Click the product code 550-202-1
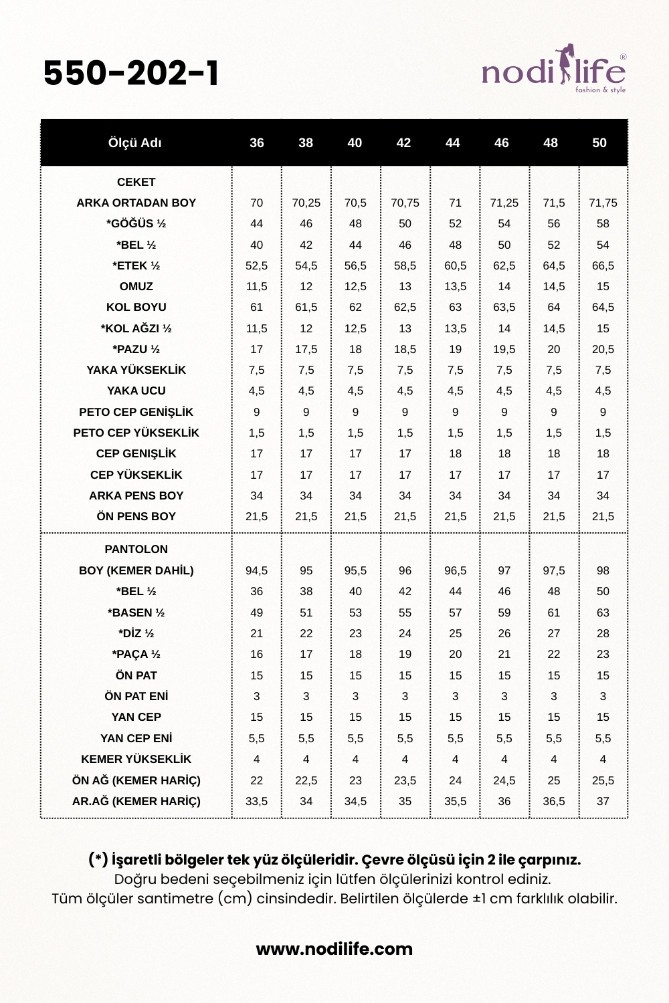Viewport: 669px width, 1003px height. (131, 74)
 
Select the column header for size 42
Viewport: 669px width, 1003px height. (403, 143)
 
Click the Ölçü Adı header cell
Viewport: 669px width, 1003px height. (135, 143)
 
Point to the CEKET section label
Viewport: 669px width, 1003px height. (136, 182)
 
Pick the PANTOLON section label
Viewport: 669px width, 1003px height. (136, 549)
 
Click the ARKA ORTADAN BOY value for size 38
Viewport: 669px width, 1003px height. (306, 203)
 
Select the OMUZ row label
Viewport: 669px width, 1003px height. (136, 286)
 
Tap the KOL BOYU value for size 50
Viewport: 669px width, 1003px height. (603, 307)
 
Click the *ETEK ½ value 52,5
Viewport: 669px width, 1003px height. (256, 265)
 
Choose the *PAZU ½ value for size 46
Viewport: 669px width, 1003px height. (504, 349)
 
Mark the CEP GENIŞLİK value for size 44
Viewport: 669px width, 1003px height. (455, 453)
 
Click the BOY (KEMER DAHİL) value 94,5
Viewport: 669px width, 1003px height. (256, 570)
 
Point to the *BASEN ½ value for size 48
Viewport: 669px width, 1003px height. (554, 612)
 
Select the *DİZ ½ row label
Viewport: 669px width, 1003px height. (136, 633)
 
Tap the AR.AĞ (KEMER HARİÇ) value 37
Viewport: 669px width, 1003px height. (603, 801)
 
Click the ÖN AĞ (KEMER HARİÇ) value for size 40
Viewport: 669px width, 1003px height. (355, 780)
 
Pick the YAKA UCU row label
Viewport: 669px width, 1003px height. (136, 391)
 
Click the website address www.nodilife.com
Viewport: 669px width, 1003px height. (334, 949)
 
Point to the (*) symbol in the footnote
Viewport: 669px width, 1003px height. (98, 860)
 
